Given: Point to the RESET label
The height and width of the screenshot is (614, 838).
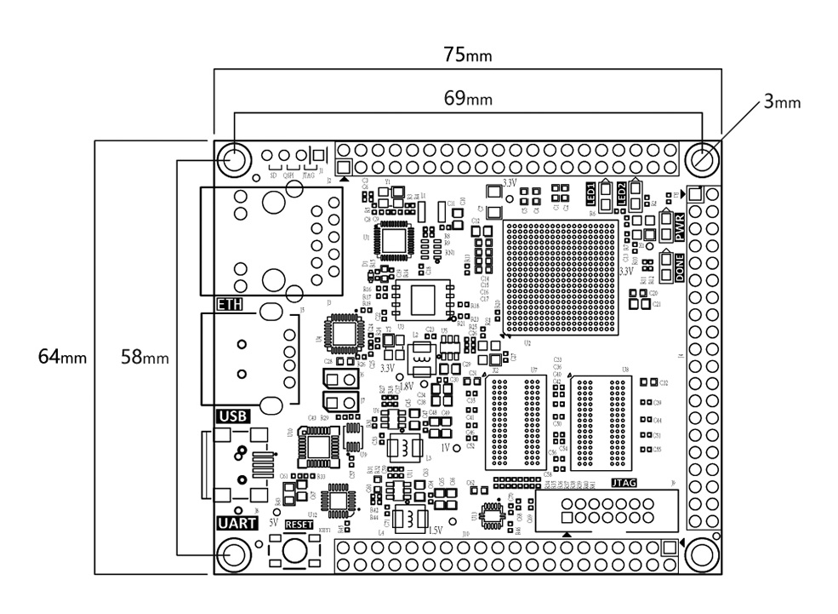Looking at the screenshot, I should [x=299, y=525].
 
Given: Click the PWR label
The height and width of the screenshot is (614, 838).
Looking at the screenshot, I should [x=680, y=227].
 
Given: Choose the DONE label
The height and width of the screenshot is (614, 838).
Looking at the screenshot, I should [x=680, y=268].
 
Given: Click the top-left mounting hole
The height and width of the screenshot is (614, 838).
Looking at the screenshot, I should [x=232, y=158].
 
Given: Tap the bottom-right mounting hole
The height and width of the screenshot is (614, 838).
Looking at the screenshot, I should [x=703, y=554].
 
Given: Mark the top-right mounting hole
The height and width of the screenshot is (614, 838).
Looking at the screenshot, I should [x=703, y=158].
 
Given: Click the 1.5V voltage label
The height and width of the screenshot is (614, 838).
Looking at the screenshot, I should [x=435, y=530].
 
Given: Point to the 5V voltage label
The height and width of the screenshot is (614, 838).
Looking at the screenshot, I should [x=274, y=521].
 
